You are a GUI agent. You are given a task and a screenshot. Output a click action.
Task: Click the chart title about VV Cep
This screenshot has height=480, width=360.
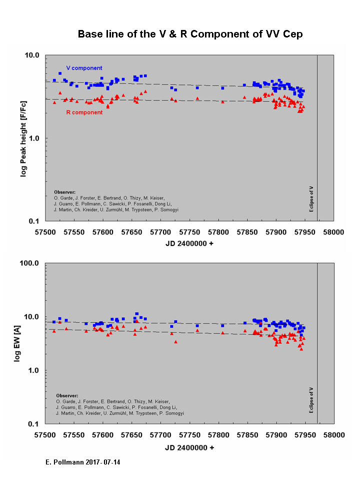[x=190, y=34]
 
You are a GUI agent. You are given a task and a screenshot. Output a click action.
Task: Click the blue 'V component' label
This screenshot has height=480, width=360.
[x=84, y=68]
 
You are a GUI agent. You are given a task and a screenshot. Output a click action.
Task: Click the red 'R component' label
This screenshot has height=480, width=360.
[x=84, y=112]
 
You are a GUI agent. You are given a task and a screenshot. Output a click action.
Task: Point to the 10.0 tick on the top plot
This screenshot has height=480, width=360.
[x=33, y=55]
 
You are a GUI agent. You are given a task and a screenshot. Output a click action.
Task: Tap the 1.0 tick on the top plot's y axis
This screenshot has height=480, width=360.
[x=34, y=138]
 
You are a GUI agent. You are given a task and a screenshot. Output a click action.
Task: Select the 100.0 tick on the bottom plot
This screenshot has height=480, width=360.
[x=31, y=263]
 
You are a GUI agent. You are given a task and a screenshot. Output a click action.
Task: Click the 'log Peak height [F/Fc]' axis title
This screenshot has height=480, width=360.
[x=23, y=137]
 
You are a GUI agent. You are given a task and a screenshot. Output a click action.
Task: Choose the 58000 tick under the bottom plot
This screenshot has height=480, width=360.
[x=333, y=434]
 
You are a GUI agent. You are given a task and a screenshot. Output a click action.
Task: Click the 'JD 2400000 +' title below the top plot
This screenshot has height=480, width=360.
[x=189, y=244]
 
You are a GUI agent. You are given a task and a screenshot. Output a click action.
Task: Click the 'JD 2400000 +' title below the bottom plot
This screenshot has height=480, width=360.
[x=189, y=447]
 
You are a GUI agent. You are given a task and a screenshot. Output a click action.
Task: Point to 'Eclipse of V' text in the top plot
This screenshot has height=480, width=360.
[x=311, y=198]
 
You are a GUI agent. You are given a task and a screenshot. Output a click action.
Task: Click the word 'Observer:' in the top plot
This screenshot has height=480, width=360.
[x=64, y=191]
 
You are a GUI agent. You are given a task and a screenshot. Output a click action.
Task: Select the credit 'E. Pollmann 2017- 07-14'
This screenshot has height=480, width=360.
[x=83, y=463]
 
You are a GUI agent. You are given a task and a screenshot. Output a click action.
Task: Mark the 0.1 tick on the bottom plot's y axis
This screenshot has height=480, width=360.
[x=34, y=424]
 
